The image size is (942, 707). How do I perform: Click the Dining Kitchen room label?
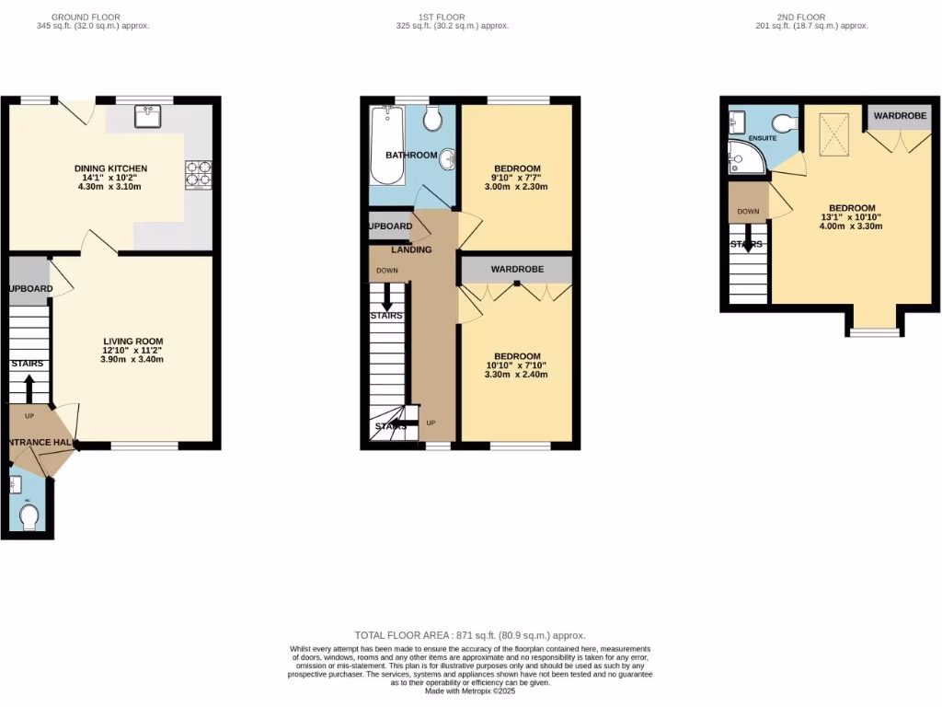[110, 168]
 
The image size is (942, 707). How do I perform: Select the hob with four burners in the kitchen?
[198, 174]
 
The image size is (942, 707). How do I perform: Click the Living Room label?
[132, 342]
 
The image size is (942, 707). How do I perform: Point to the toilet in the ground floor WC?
[28, 517]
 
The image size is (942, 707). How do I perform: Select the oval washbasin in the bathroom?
[448, 159]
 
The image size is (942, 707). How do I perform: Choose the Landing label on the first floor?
[411, 249]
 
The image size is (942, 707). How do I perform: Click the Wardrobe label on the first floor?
[516, 269]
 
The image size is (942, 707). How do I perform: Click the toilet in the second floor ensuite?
[784, 123]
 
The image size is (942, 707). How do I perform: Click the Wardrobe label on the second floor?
[899, 116]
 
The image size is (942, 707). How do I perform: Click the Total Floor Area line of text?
[470, 636]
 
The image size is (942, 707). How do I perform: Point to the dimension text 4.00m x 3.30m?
[851, 226]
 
